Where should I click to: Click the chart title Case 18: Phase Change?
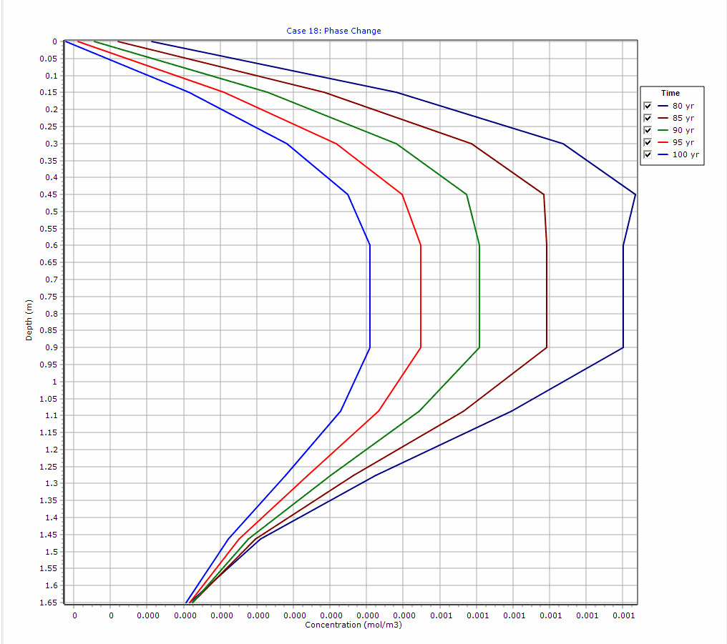[x=333, y=31]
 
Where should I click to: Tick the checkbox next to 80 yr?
[x=648, y=106]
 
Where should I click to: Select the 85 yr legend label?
[x=683, y=118]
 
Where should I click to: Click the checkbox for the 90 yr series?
[x=648, y=130]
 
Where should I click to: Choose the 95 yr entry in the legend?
[x=683, y=142]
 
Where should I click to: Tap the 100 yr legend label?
[x=685, y=154]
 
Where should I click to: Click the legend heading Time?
[x=670, y=93]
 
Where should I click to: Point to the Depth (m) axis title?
[x=29, y=319]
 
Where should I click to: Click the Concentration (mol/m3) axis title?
[x=353, y=625]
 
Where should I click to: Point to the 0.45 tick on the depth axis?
[x=50, y=194]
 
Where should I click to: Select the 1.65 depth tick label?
[x=50, y=603]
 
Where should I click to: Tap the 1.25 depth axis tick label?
[x=50, y=467]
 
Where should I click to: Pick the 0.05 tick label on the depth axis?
[x=50, y=59]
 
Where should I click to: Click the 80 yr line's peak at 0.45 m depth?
[x=635, y=194]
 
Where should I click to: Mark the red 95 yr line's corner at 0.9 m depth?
[x=421, y=347]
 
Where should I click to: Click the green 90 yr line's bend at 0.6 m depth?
[x=479, y=245]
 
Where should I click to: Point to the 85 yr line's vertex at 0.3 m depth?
[x=472, y=144]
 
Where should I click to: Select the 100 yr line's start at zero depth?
[x=65, y=41]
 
